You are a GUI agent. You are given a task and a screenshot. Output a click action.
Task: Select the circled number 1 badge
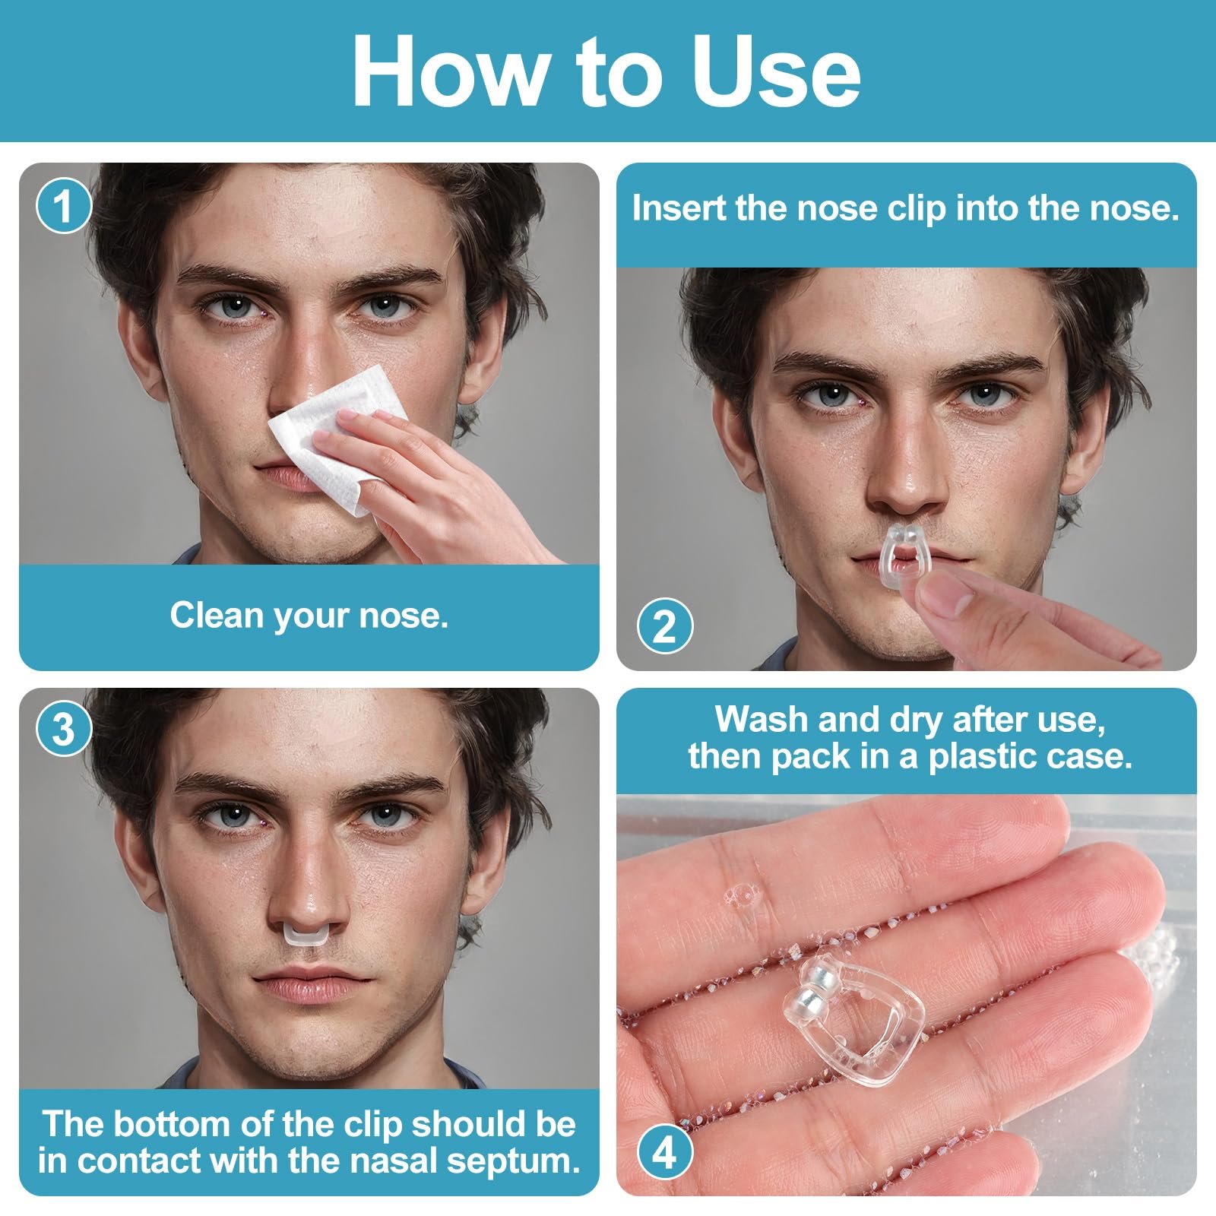pos(65,206)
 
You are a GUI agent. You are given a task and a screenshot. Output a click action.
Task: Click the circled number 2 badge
pos(664,627)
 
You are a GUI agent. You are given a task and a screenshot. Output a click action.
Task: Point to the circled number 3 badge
pos(65,729)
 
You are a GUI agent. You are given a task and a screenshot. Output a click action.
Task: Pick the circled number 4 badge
pos(664,1153)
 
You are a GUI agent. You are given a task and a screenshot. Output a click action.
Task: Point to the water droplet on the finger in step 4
pos(741,894)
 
